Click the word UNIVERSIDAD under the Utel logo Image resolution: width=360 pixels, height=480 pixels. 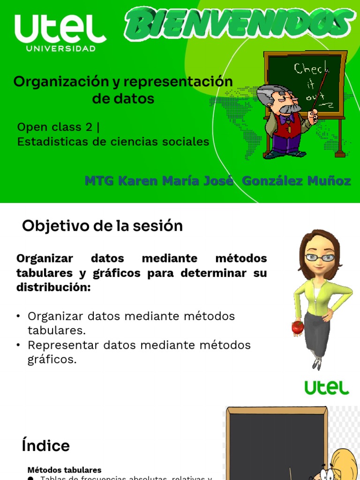(x=61, y=48)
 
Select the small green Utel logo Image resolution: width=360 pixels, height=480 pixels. (x=327, y=387)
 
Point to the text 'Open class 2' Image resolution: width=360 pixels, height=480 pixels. (x=55, y=127)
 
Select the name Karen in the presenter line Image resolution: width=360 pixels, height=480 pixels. (x=135, y=181)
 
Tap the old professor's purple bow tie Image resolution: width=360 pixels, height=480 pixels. (x=289, y=117)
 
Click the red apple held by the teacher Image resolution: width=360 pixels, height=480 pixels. (x=298, y=327)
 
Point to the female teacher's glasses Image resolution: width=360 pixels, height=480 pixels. (x=321, y=257)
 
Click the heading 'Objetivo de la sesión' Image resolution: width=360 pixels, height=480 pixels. (x=102, y=226)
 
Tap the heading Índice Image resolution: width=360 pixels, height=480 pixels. (x=46, y=446)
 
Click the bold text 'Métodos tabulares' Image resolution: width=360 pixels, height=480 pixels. (x=64, y=470)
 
